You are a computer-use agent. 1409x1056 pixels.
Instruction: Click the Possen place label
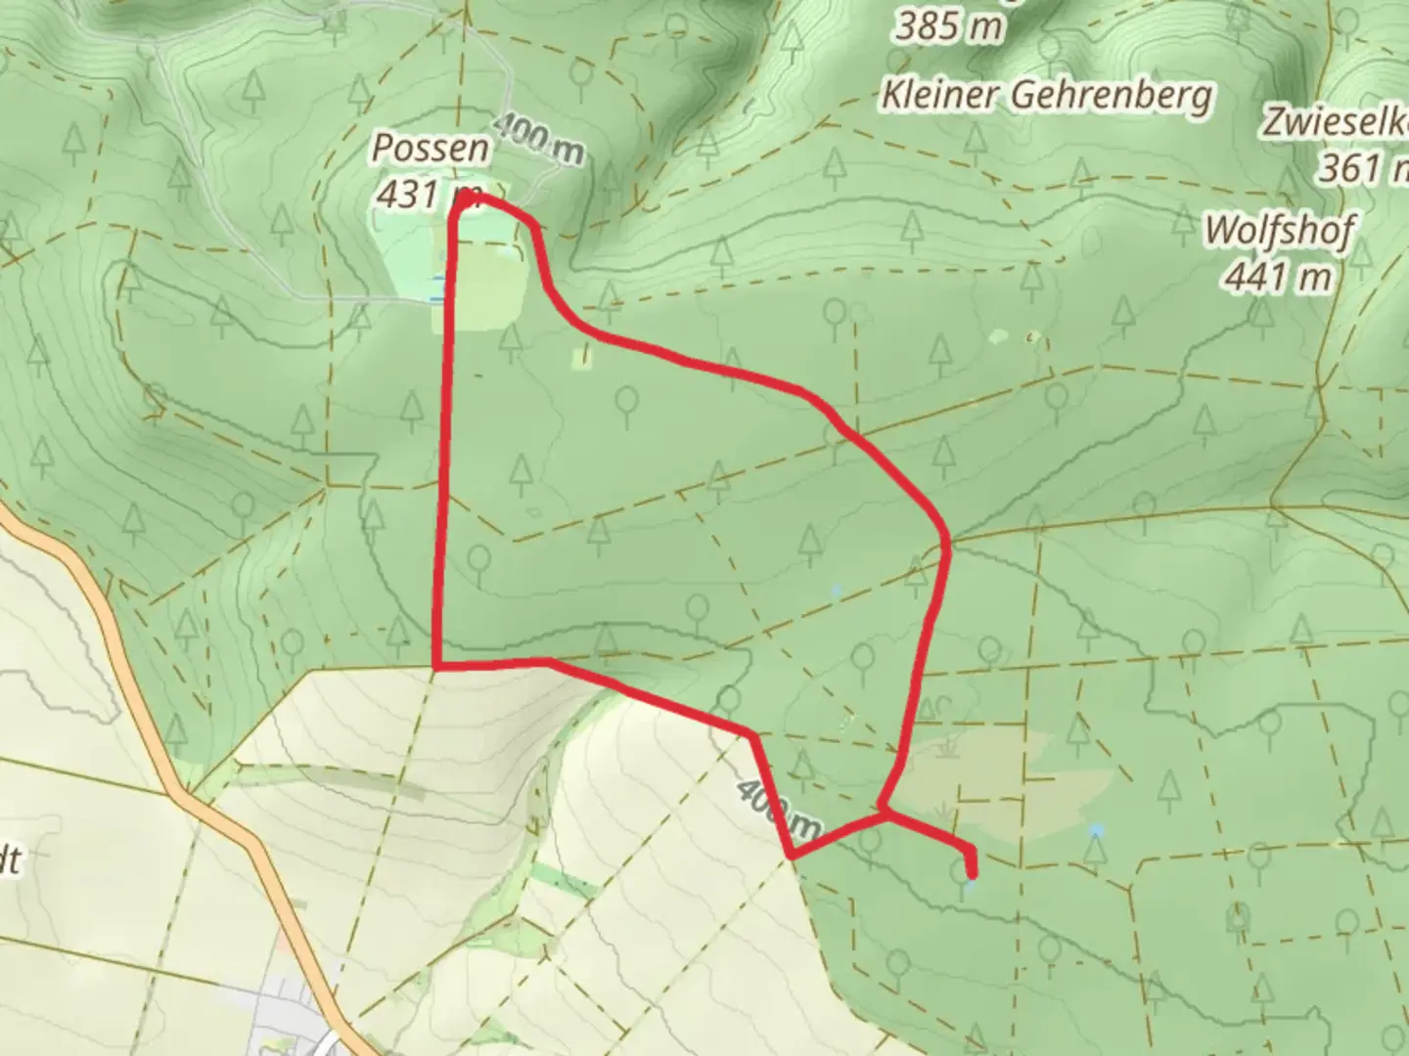[431, 149]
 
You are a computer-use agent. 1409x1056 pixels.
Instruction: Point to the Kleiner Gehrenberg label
[1046, 95]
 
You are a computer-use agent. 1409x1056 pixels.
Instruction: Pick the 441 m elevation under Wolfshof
[1277, 277]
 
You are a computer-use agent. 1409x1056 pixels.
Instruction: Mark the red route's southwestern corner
[436, 667]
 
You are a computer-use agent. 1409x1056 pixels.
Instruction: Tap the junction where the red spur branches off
[884, 812]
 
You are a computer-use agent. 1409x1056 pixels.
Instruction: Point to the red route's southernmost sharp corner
[792, 857]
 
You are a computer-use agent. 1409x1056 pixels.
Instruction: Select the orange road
[176, 743]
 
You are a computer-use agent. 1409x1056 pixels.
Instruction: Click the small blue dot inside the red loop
[836, 591]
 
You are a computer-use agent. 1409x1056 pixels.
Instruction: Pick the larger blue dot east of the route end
[1097, 830]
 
